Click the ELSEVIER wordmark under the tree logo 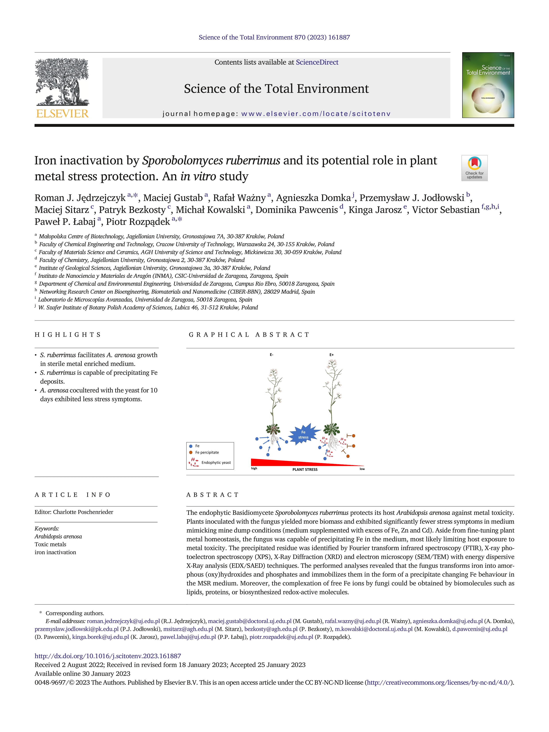click(62, 114)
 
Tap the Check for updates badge click(474, 168)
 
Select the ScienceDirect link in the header click(317, 62)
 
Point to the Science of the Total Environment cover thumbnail click(488, 85)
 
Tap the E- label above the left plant click(271, 355)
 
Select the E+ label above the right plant click(332, 355)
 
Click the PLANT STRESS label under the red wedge click(305, 469)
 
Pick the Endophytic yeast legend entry click(216, 463)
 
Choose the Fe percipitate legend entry click(207, 452)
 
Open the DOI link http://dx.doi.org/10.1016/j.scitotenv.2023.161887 click(108, 656)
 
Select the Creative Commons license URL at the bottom click(439, 682)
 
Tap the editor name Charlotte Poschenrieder click(83, 512)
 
